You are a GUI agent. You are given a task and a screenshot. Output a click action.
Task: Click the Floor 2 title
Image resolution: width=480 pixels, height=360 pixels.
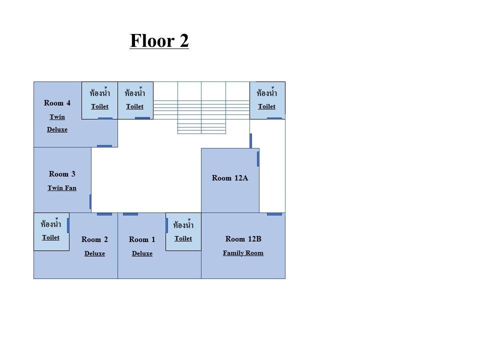point(159,40)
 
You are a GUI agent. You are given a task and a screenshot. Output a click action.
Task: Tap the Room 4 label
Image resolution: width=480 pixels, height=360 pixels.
point(57,103)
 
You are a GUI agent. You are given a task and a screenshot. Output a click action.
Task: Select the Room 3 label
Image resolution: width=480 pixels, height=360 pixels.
point(62,174)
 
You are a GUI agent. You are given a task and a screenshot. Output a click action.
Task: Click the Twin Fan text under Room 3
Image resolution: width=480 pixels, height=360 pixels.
point(62,187)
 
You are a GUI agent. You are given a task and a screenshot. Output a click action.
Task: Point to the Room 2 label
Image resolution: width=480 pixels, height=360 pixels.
point(94,239)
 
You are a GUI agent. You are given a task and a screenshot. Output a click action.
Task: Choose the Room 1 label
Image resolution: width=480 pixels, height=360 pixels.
point(142,239)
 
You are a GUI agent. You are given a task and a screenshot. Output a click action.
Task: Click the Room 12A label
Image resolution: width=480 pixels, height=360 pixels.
point(230,178)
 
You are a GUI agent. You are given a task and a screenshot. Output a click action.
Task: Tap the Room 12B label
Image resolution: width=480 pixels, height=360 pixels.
point(243,239)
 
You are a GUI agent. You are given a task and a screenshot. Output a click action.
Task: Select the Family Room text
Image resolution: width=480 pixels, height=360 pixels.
point(243,253)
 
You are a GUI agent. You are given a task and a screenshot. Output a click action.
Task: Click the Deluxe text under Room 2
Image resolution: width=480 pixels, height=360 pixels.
point(94,253)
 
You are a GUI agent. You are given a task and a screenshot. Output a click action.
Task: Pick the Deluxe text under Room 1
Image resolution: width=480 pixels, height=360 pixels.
point(142,253)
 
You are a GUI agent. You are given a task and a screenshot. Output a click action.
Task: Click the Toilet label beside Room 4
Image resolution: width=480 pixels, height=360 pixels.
point(100,106)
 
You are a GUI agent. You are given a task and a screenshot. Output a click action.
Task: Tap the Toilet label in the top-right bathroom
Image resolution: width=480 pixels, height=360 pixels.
point(266,106)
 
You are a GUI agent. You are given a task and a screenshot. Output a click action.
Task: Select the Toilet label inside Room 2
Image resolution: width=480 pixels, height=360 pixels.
point(51,237)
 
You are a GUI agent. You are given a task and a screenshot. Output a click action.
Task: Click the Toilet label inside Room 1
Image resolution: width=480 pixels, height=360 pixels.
point(183,238)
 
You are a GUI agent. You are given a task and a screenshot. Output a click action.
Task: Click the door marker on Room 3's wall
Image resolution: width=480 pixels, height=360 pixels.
point(90,201)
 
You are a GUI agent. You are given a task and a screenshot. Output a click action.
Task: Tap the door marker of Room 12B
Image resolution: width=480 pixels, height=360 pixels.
point(274,214)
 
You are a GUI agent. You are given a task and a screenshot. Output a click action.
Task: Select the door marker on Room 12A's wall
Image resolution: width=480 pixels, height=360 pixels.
point(258,159)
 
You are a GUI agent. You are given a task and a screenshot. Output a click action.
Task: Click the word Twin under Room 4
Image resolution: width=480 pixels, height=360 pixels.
point(57,117)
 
